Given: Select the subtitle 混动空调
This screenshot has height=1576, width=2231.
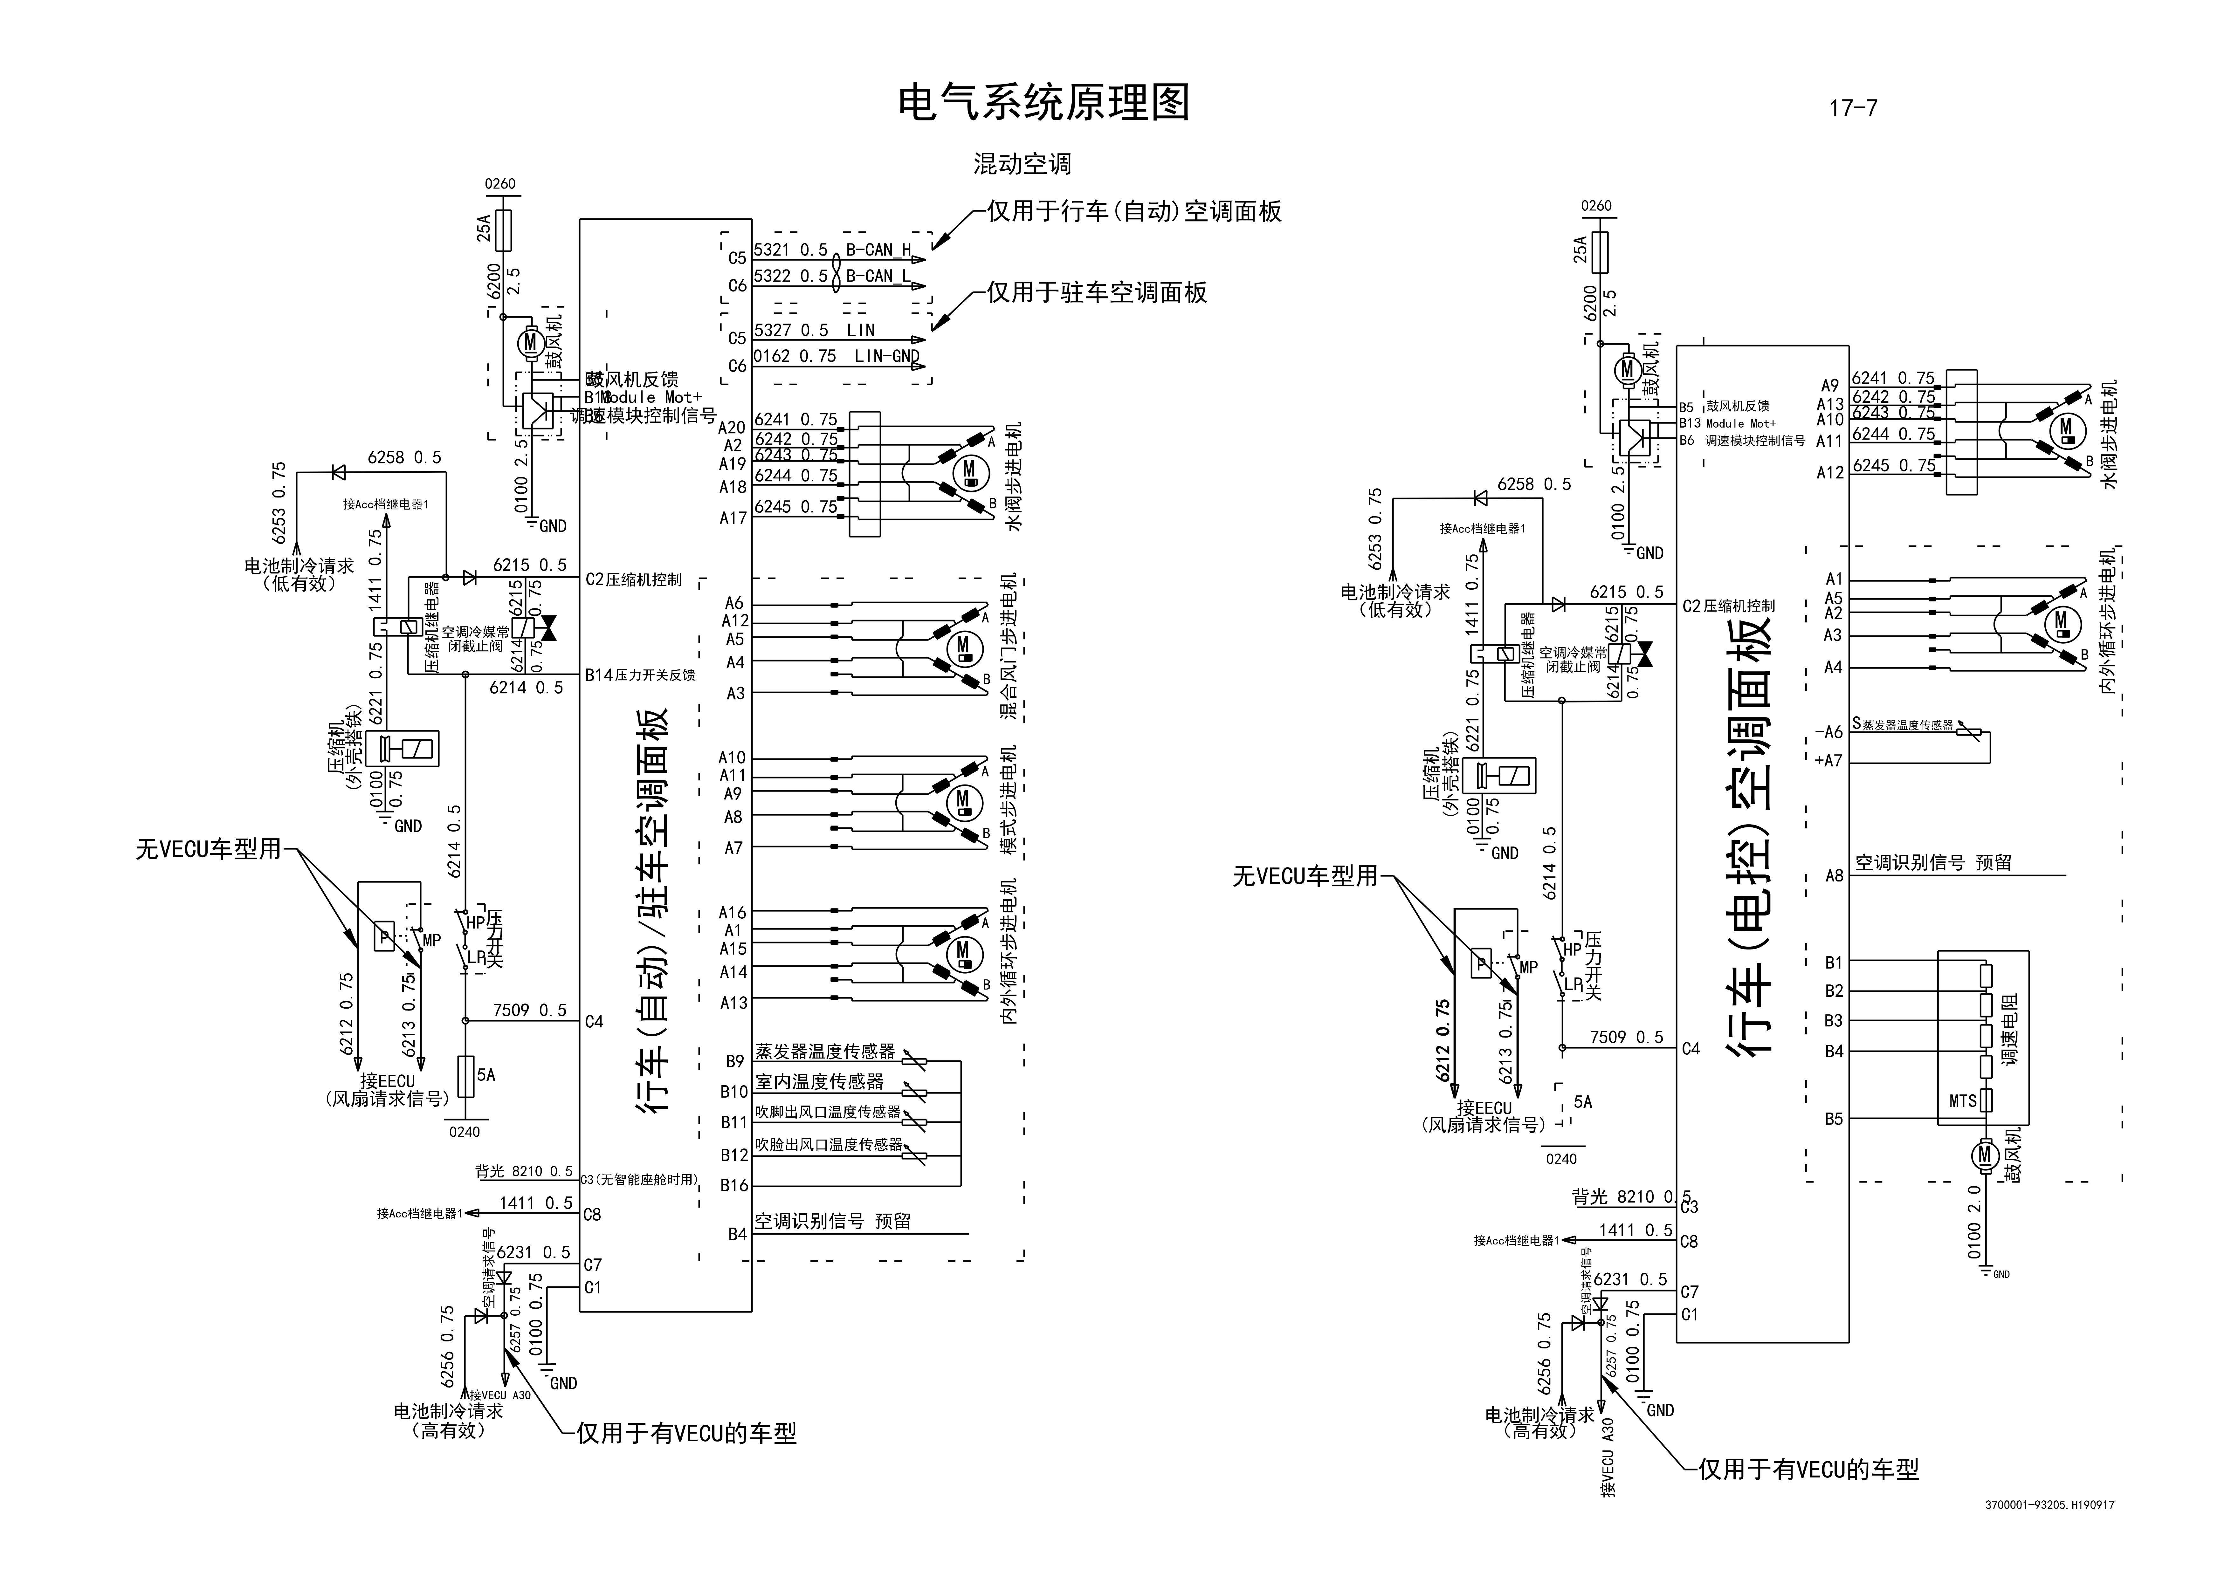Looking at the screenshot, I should click(1022, 164).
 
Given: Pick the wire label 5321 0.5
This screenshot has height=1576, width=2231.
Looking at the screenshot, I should click(790, 250).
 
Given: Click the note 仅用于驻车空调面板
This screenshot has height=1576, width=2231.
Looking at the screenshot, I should click(1097, 292).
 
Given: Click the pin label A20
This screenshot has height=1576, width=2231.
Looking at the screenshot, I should click(732, 428).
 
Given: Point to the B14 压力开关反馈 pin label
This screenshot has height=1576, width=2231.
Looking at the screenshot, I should click(639, 674).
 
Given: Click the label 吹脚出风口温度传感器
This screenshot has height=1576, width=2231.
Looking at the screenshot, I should click(828, 1112).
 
